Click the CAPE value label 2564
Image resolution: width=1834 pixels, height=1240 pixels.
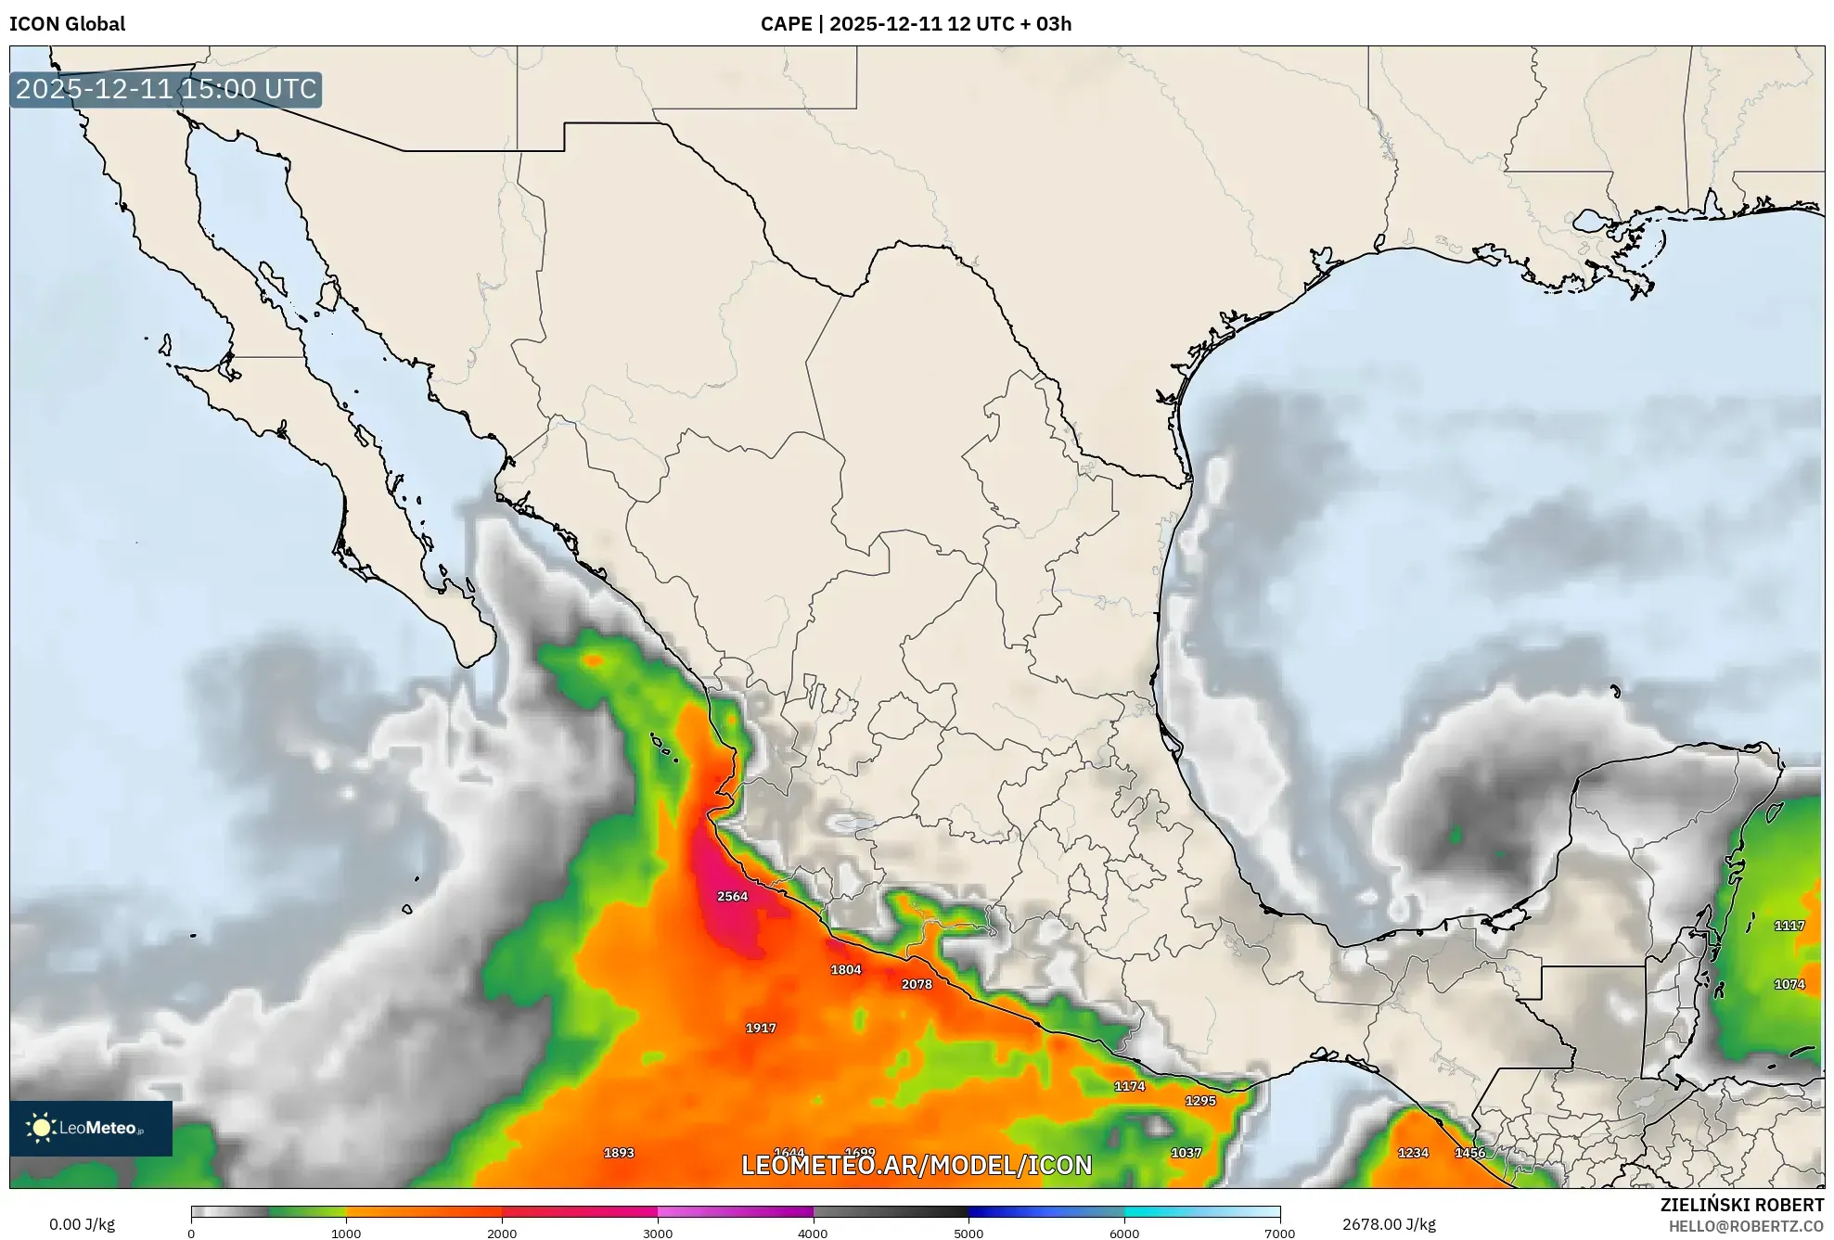point(732,896)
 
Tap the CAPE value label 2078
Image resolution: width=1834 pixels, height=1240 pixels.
point(917,984)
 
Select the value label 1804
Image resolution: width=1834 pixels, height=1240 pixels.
point(845,969)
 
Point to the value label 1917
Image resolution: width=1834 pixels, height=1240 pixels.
point(761,1028)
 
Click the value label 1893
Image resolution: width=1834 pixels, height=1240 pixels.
point(619,1153)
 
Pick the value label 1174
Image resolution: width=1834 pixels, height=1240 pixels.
point(1129,1086)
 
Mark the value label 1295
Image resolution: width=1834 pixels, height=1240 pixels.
point(1200,1101)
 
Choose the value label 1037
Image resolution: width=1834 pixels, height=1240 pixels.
point(1186,1153)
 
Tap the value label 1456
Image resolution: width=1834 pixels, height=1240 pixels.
point(1469,1153)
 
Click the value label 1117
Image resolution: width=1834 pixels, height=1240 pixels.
point(1789,926)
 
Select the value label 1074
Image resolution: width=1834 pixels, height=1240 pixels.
point(1789,984)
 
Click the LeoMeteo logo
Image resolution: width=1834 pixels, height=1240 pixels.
point(91,1128)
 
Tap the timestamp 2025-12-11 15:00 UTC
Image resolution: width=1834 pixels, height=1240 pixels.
point(166,89)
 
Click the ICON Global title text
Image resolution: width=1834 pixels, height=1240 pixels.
point(67,24)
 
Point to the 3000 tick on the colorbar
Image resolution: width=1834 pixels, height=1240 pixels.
point(658,1233)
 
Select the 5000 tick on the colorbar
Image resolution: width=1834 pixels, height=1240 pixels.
point(968,1233)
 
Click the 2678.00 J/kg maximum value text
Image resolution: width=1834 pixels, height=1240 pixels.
point(1389,1224)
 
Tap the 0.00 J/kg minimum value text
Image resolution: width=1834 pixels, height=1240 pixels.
point(83,1224)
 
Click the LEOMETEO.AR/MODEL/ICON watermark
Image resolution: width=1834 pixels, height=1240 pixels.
point(917,1165)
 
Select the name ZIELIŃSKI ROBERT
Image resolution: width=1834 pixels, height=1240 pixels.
point(1741,1205)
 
